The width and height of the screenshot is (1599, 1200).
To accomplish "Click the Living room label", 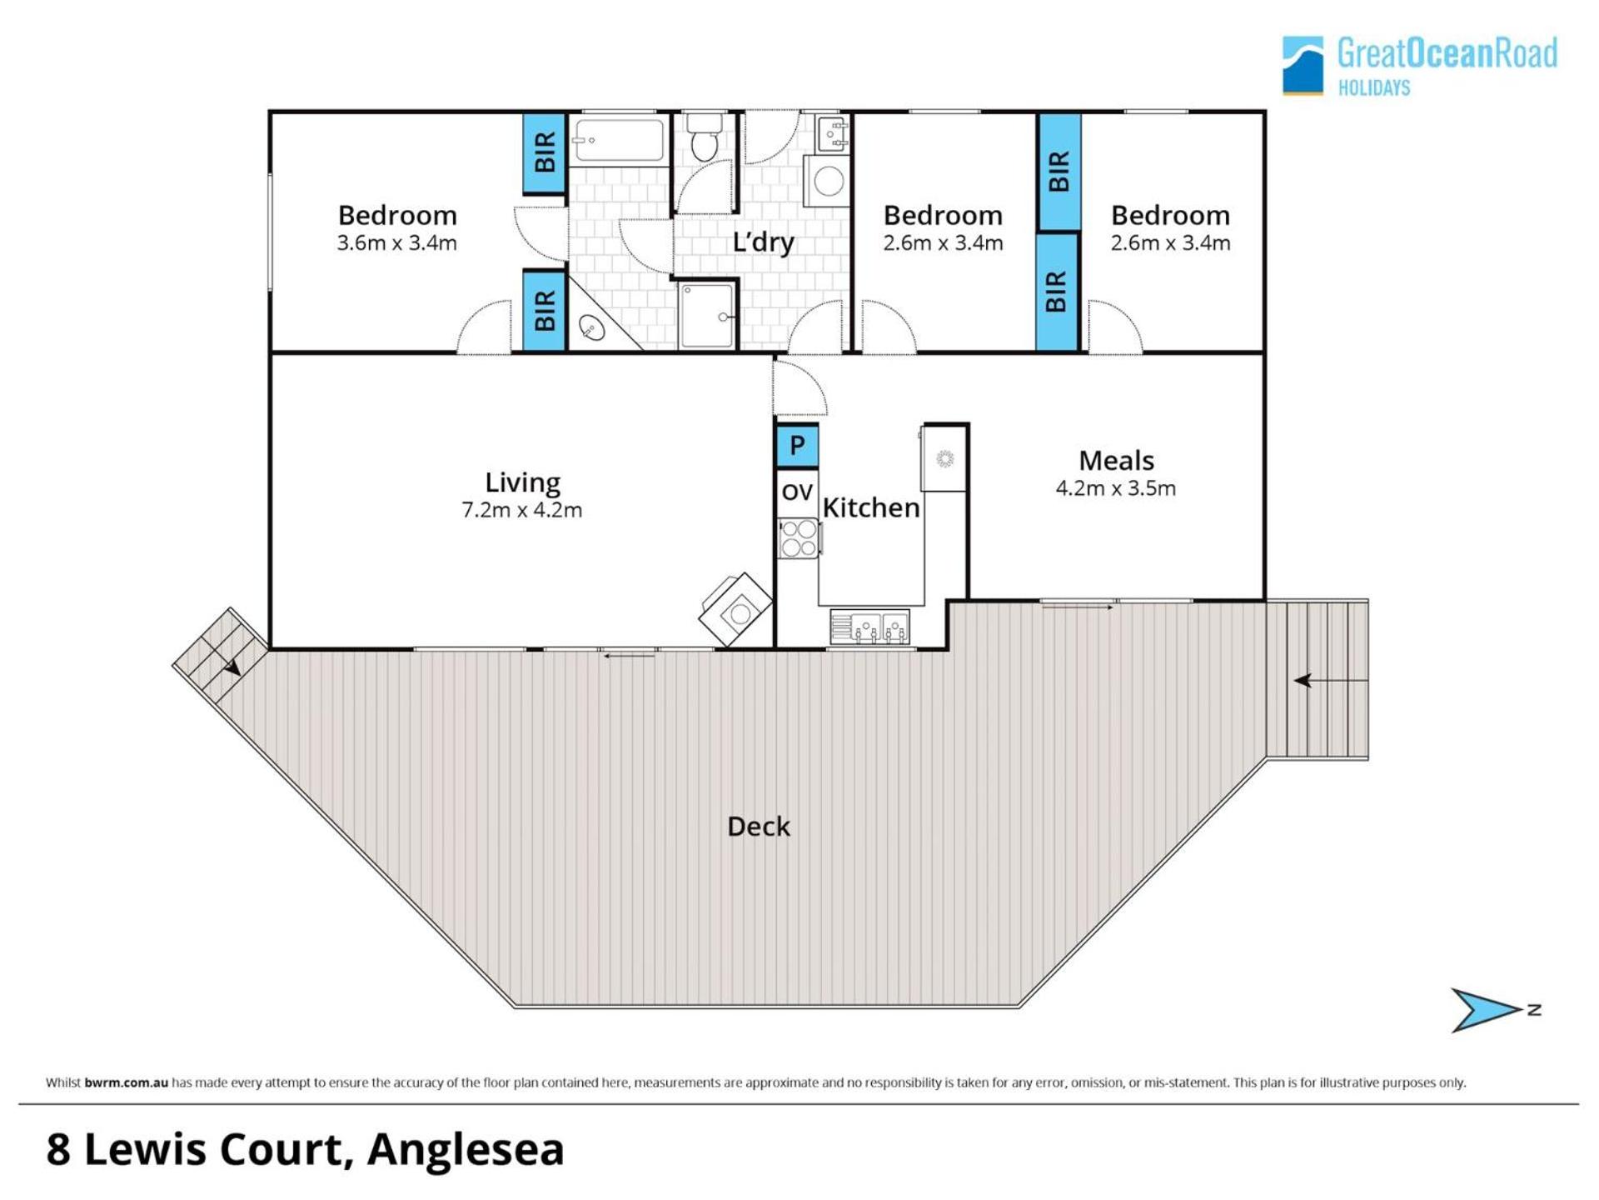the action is [522, 482].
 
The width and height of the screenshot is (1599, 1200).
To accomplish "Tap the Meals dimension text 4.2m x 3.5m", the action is [1115, 488].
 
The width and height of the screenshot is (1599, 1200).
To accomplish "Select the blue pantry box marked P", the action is [797, 446].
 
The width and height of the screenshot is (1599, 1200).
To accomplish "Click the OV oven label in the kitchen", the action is [797, 492].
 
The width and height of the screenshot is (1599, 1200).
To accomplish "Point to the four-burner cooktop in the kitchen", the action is [798, 537].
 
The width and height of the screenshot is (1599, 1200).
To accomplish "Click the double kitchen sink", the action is [869, 626].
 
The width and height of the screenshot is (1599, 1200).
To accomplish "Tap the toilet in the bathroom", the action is [705, 137].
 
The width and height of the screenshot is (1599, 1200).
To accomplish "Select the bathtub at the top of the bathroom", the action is [620, 140].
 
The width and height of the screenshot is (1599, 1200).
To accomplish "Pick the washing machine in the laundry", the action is [826, 181].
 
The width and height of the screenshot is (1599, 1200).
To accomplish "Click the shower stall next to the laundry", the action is [706, 315].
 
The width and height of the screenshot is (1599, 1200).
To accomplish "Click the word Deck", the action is [758, 827].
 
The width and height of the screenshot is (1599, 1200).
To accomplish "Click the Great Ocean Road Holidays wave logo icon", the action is [1303, 65].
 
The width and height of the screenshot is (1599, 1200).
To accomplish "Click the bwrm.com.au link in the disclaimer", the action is [126, 1082].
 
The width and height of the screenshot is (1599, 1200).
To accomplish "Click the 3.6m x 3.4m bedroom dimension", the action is [396, 243].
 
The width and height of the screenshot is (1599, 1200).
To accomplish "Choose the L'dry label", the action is [763, 242].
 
